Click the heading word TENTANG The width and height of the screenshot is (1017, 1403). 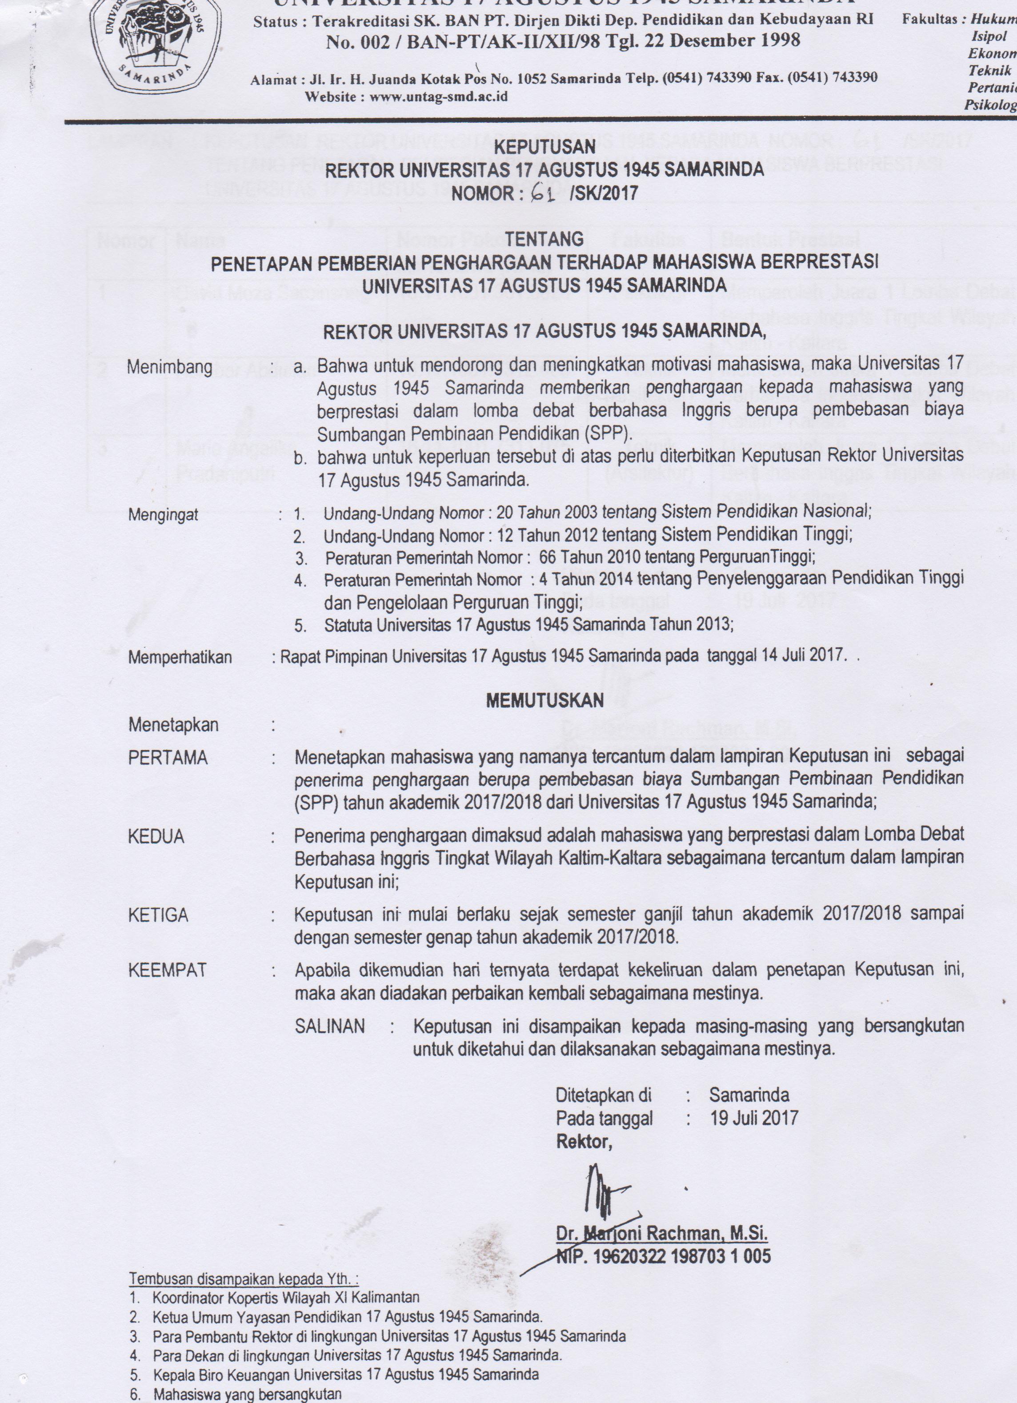[545, 238]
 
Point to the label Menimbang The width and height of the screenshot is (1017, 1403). [169, 367]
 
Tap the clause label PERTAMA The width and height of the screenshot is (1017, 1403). [168, 758]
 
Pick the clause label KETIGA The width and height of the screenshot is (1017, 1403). [158, 915]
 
